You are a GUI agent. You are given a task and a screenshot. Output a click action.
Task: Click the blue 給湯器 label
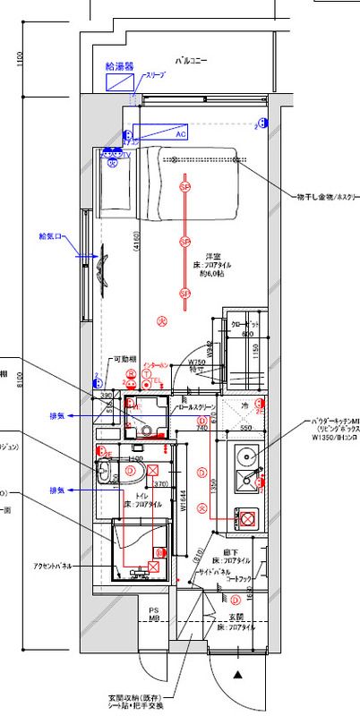point(119,66)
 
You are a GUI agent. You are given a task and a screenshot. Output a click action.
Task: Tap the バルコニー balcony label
point(191,61)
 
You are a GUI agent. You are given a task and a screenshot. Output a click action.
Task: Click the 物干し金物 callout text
point(327,194)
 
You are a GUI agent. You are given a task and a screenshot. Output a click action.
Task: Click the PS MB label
point(153,614)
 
